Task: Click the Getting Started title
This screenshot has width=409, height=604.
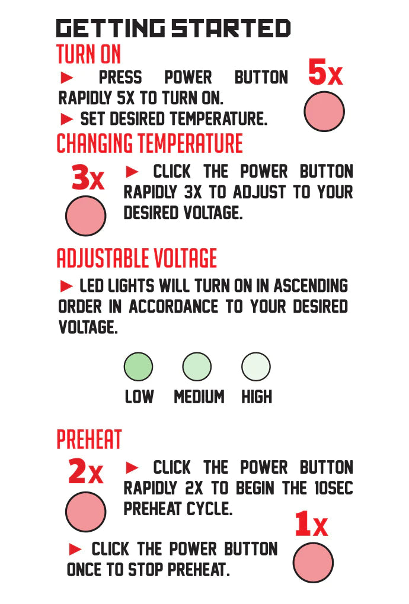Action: coord(173,28)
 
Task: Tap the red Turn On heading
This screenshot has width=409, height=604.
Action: coord(89,54)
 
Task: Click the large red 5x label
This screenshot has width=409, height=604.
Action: coord(325,72)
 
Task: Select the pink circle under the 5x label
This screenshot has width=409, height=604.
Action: coord(324,111)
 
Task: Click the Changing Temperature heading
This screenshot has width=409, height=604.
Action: coord(149,143)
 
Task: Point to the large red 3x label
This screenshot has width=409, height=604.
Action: coord(88,177)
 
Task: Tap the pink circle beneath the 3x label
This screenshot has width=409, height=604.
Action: coord(85,216)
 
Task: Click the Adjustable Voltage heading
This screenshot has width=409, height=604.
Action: coord(136,258)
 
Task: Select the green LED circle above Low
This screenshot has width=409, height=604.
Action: coord(138,367)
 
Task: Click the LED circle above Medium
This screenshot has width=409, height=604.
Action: coord(197,367)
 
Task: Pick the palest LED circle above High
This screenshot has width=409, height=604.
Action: coord(256,367)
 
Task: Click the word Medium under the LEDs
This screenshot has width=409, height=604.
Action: coord(199,397)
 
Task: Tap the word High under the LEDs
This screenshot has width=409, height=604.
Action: coord(257,397)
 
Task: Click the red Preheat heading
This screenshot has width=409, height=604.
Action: coord(89,439)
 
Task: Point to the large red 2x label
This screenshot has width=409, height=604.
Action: coord(85,471)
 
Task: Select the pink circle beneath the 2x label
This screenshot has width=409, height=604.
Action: coord(85,512)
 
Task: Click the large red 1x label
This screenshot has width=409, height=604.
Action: coord(311,524)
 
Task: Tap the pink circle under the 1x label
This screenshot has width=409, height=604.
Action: coord(313,563)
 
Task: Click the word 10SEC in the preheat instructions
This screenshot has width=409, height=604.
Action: coord(334,488)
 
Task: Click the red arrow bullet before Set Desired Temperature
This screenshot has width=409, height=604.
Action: coord(67,119)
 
